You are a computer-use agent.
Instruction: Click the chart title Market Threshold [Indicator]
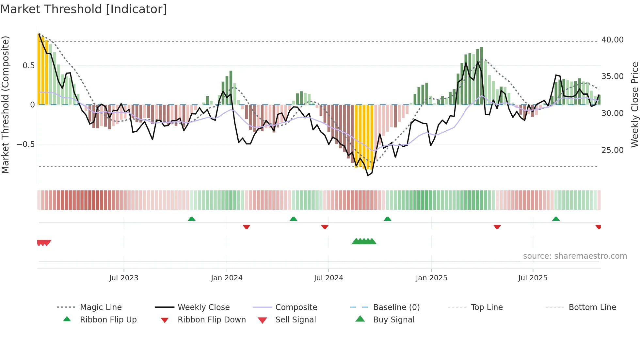84,9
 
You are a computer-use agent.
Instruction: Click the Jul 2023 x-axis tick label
124,278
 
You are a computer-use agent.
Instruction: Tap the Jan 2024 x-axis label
227,278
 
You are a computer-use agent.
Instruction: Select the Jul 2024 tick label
328,278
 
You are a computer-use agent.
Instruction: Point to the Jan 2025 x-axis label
431,278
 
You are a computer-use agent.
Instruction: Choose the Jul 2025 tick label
533,278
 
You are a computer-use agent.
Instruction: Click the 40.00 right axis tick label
612,40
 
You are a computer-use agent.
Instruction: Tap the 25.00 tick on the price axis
612,150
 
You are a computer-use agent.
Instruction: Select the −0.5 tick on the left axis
26,144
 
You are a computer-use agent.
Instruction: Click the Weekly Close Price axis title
634,105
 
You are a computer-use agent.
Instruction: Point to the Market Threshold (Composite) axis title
5,105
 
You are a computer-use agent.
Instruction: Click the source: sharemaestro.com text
575,256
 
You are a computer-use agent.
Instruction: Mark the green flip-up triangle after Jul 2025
556,219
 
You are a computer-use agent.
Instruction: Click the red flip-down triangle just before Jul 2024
325,227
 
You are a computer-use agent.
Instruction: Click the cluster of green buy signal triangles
364,241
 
